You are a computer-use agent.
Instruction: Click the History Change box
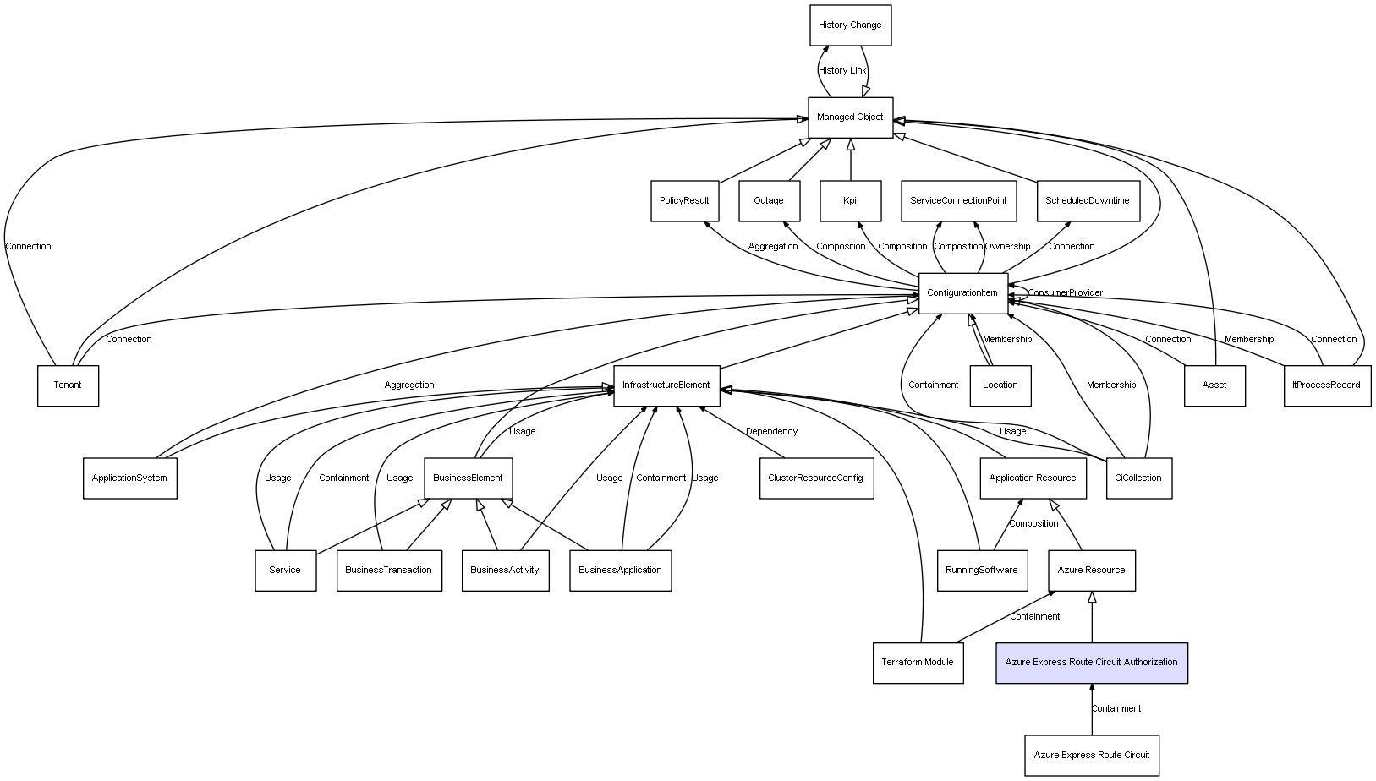coord(850,25)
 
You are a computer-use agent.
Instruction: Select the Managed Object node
coord(850,117)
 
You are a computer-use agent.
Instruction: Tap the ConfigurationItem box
coord(962,292)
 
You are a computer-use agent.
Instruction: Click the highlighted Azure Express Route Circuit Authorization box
coord(1092,663)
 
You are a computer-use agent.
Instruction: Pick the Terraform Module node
coord(918,663)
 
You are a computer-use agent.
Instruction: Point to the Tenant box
coord(68,385)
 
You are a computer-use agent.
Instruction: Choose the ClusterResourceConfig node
coord(816,478)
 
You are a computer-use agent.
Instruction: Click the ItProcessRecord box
coord(1327,385)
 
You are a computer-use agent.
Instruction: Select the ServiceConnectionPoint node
coord(958,201)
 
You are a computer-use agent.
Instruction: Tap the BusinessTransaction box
coord(389,571)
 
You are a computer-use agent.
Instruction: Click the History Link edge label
coord(842,71)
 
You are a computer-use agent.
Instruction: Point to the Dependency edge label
coord(771,432)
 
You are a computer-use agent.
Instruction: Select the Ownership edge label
coord(1007,246)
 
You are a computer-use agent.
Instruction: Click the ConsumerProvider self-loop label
coord(1065,292)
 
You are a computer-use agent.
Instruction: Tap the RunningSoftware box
coord(982,571)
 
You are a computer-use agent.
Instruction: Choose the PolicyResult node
coord(684,201)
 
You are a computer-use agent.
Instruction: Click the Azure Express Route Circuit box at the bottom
coord(1092,755)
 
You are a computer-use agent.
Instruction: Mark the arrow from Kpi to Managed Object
coord(851,160)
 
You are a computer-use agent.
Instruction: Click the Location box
coord(1000,385)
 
